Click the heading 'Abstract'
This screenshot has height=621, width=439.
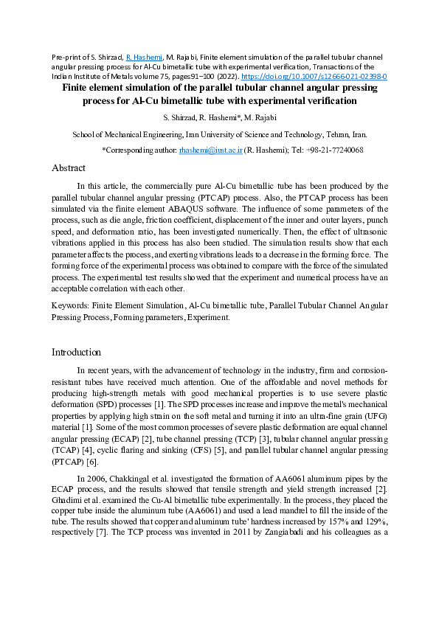[69, 168]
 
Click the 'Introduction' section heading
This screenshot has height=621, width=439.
[76, 352]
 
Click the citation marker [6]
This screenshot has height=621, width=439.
[91, 462]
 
